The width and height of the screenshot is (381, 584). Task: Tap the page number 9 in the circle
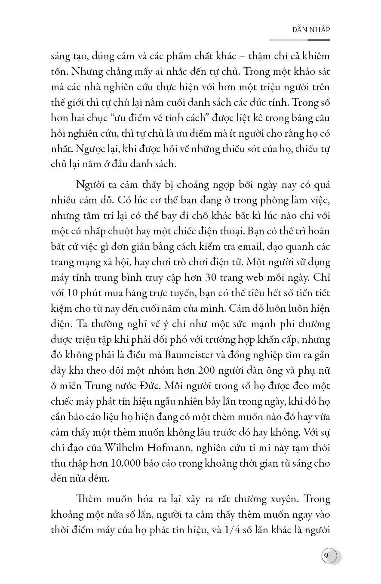[x=326, y=556]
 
